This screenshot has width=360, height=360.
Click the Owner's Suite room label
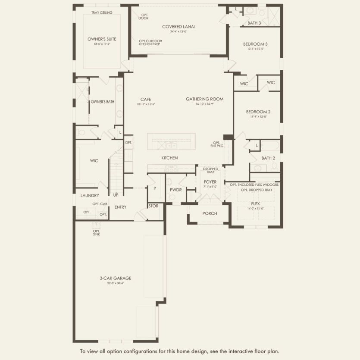coord(102,39)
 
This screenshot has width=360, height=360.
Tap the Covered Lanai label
coord(178,27)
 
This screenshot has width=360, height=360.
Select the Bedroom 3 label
coord(255,44)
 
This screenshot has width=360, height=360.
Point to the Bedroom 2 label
coord(258,111)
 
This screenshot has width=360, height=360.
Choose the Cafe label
coord(145,99)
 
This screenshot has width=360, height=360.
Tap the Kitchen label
coord(170,158)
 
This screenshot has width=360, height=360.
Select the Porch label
coord(210,213)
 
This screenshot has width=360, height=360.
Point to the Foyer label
coord(210,182)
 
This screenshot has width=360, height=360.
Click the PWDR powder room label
coord(175,189)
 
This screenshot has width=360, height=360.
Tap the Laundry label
coord(90,195)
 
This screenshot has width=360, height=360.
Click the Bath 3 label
coord(254,23)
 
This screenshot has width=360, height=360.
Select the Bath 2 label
coord(268,158)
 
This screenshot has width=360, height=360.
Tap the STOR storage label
coord(153,206)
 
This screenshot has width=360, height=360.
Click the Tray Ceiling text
coord(102,13)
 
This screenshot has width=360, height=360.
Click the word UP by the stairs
coord(116,195)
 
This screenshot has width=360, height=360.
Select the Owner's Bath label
coord(103,102)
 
